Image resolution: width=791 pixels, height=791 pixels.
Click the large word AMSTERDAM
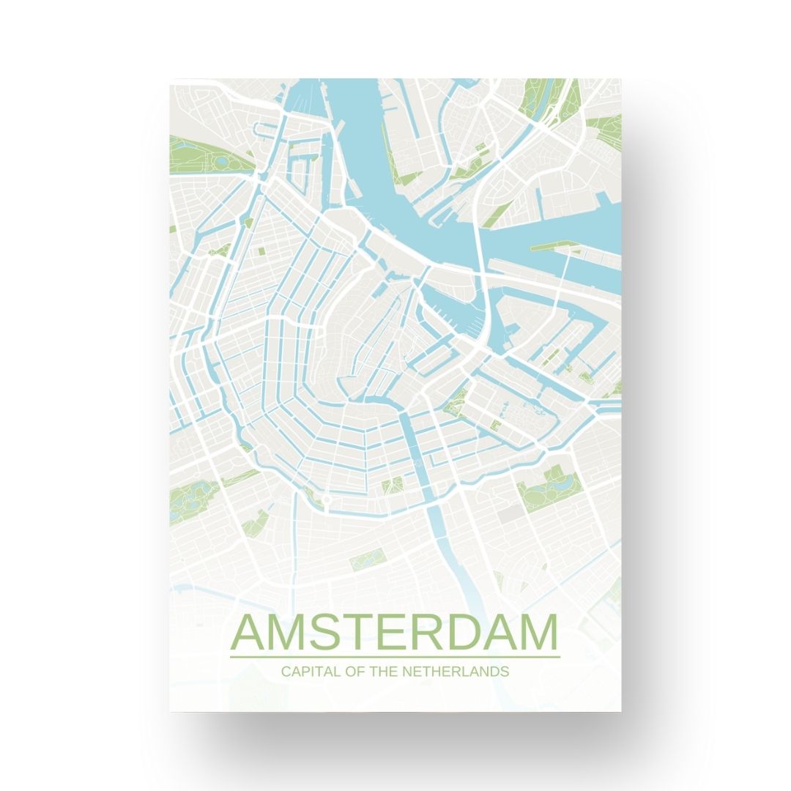(394, 633)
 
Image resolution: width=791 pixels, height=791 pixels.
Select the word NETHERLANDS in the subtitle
(455, 671)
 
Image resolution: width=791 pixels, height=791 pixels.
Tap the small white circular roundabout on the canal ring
(326, 500)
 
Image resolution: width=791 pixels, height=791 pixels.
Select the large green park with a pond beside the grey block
(551, 486)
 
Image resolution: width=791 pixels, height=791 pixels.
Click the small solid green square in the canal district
(261, 251)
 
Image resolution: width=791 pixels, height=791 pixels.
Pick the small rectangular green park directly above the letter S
(362, 562)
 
